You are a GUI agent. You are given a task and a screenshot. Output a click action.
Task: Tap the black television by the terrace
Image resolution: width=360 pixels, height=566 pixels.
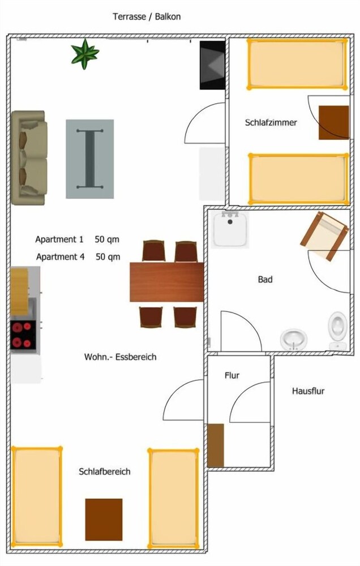[213, 65]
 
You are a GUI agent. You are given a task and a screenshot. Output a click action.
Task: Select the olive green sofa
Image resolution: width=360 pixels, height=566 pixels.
[29, 157]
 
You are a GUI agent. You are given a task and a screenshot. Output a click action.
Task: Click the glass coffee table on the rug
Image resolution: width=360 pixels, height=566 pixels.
[89, 158]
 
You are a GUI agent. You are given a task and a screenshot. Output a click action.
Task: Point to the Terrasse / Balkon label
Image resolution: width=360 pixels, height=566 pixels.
[147, 17]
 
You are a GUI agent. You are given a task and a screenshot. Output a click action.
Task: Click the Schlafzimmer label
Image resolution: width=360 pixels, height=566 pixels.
[271, 122]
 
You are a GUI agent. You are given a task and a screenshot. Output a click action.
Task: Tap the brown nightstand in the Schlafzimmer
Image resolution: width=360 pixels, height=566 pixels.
[333, 122]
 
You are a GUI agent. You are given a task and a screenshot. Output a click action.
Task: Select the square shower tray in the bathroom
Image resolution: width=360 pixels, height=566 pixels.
[231, 229]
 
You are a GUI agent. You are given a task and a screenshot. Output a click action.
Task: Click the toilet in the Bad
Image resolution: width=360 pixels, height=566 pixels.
[338, 329]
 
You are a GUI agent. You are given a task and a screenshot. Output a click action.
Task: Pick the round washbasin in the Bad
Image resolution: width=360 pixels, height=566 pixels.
[294, 339]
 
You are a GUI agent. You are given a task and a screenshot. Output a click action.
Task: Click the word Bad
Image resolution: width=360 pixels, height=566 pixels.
[265, 280]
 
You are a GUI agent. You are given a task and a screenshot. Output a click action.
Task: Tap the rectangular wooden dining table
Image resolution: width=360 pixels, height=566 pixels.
[166, 282]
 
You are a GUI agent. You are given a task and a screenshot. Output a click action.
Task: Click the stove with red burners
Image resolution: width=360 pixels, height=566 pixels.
[23, 334]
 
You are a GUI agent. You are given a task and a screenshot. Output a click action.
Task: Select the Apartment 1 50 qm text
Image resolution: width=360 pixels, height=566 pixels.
[77, 239]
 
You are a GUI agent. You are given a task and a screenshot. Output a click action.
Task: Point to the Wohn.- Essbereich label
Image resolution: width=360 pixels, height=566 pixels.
[120, 357]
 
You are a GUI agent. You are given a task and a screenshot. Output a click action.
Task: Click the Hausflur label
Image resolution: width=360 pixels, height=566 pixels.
[308, 391]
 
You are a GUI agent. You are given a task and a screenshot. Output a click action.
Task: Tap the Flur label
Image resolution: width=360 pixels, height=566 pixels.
[232, 375]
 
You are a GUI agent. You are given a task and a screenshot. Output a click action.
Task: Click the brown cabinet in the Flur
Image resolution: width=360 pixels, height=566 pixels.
[216, 445]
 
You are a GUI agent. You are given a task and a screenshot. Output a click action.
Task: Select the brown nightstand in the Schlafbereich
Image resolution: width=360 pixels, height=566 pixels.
[104, 519]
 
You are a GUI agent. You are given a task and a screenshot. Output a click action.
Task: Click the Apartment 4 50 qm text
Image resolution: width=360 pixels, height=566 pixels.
[78, 257]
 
